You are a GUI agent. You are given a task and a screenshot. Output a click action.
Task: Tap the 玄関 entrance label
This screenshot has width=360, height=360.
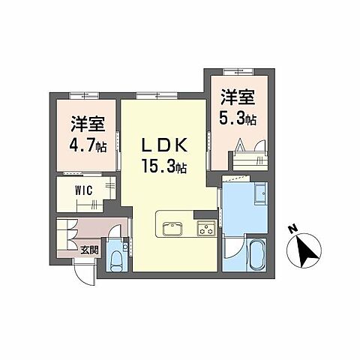pos(89,250)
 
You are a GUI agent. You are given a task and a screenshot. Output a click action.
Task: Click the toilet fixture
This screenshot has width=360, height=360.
pos(117,259)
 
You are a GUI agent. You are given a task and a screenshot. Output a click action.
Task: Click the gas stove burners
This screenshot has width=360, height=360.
pos(205,227)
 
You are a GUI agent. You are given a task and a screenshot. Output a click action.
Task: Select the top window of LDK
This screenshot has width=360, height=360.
pos(146,95)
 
